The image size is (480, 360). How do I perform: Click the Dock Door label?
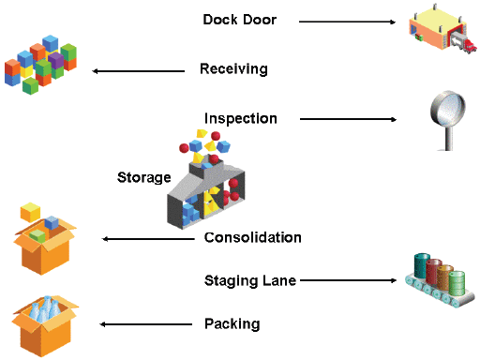(239, 20)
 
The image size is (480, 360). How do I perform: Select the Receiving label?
(233, 69)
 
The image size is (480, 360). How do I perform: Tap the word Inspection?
(241, 119)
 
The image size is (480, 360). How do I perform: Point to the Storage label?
(143, 177)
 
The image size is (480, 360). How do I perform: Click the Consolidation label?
(252, 238)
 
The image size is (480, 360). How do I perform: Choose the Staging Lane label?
(250, 279)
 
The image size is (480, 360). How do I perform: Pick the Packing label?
(232, 324)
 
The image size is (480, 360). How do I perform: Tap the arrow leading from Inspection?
(348, 119)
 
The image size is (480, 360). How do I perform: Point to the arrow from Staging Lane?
(346, 279)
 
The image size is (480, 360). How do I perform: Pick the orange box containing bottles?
(43, 322)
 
